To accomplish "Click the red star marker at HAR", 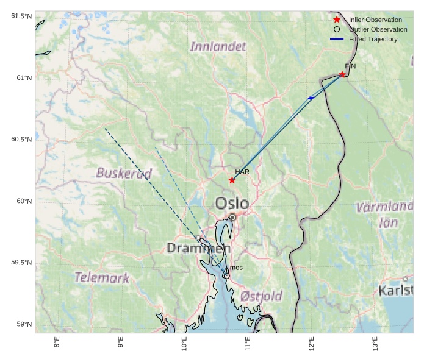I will (x=232, y=180).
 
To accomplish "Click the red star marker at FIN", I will (x=342, y=74).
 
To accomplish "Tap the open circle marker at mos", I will (x=226, y=275).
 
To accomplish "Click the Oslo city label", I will (x=232, y=203).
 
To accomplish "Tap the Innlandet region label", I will (x=218, y=47).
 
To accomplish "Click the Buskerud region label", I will (x=124, y=174).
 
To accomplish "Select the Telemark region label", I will (x=102, y=278).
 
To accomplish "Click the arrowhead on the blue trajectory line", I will (x=311, y=98).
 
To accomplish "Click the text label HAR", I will (x=242, y=172).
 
